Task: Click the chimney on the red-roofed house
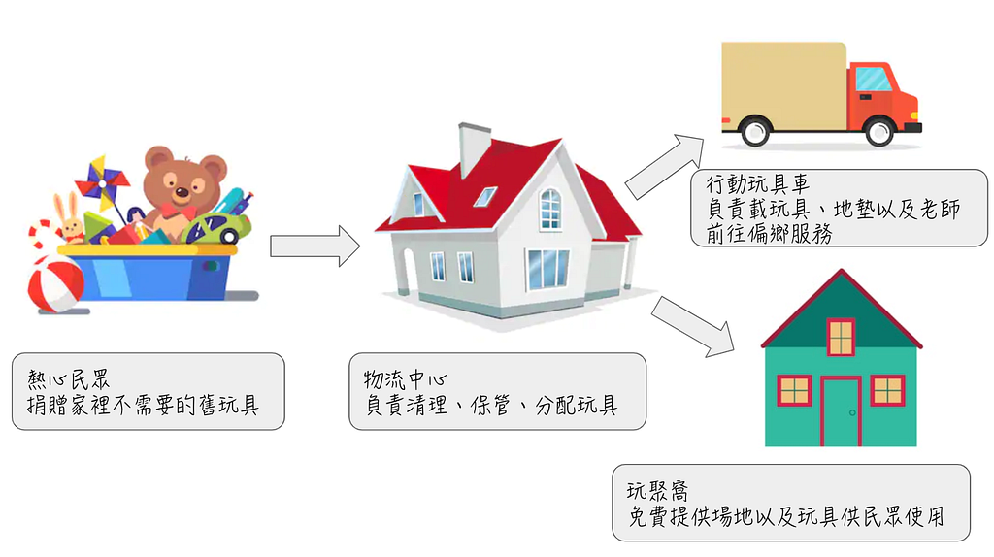(x=474, y=147)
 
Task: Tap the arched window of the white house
(x=550, y=209)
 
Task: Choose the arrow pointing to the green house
(x=693, y=326)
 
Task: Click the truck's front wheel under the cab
(x=879, y=132)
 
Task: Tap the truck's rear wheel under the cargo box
(x=755, y=132)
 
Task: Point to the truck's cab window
(x=873, y=80)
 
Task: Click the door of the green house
(x=841, y=411)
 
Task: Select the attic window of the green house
(x=842, y=337)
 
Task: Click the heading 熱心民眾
(x=69, y=379)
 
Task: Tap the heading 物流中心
(x=405, y=379)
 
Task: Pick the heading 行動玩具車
(x=757, y=183)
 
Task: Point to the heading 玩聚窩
(x=657, y=491)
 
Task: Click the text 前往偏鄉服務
(x=769, y=234)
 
